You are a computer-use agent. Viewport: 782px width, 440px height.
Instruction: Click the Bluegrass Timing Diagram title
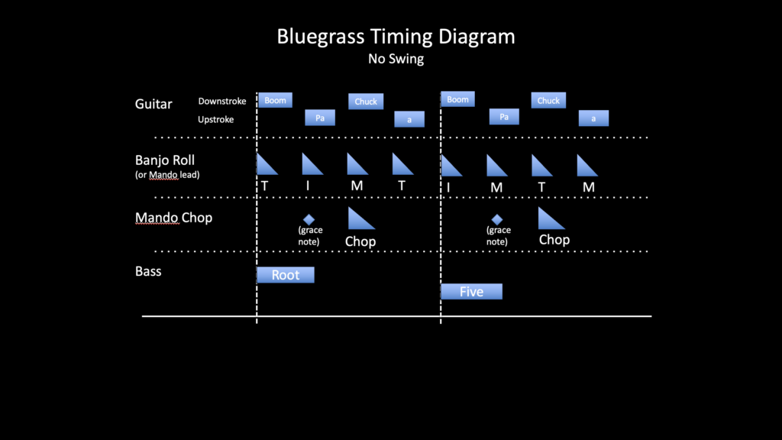click(396, 37)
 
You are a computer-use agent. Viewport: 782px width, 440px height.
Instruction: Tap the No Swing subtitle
click(396, 59)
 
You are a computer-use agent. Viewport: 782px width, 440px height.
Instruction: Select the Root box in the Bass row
click(286, 275)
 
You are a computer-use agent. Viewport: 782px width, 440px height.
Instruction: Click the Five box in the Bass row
click(471, 292)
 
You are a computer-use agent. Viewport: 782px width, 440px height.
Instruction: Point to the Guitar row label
click(153, 104)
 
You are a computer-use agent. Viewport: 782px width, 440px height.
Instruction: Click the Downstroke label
click(221, 101)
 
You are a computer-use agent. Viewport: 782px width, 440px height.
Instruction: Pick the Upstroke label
click(215, 119)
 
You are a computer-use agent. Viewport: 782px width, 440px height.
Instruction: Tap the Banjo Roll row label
click(164, 160)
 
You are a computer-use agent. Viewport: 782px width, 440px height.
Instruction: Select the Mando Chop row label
click(173, 218)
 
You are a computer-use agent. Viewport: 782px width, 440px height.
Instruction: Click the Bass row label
click(148, 271)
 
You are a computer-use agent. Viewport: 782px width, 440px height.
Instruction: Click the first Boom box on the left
click(276, 100)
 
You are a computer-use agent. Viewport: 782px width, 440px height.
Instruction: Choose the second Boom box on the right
click(458, 99)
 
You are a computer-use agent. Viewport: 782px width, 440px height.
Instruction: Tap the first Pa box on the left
click(320, 118)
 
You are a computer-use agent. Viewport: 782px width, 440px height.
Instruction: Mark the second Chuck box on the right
click(548, 100)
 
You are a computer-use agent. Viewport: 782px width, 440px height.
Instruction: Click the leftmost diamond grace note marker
click(309, 219)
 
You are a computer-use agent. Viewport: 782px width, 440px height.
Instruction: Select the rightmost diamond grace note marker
click(497, 219)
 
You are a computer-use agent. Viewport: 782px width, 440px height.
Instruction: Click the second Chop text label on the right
click(554, 240)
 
